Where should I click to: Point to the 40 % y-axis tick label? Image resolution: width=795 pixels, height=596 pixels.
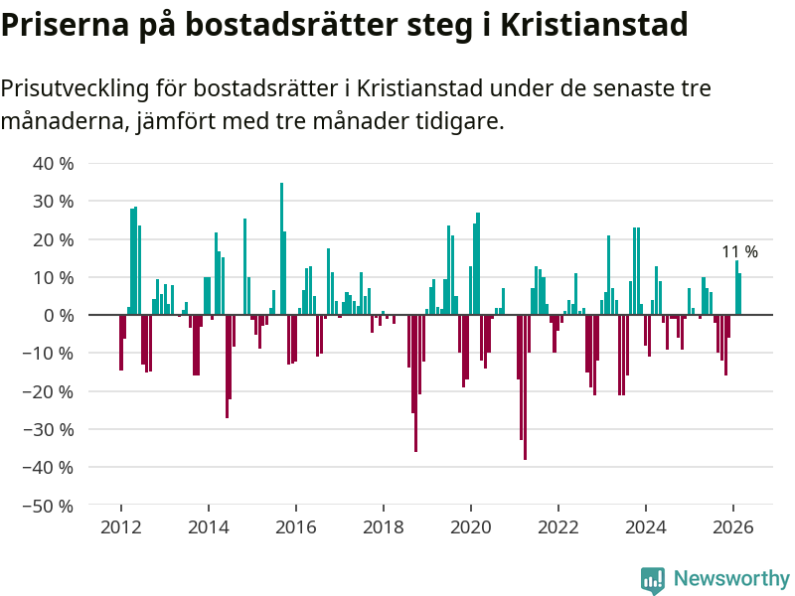click(x=54, y=163)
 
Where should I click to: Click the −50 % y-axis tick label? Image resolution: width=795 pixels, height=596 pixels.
click(x=49, y=506)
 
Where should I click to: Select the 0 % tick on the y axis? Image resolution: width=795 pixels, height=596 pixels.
click(x=59, y=315)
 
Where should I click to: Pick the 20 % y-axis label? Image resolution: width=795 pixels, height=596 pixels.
click(x=54, y=239)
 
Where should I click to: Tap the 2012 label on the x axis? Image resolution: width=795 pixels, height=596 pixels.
click(x=120, y=527)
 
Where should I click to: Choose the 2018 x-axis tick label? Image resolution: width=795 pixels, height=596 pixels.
click(x=383, y=527)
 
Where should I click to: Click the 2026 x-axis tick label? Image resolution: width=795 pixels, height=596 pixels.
click(x=732, y=527)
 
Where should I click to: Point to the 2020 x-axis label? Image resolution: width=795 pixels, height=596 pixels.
click(x=470, y=527)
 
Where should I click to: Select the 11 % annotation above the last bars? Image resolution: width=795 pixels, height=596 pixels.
click(x=739, y=252)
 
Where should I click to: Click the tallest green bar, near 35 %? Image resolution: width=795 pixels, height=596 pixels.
click(x=281, y=248)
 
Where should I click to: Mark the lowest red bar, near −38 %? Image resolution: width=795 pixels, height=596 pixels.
click(x=525, y=387)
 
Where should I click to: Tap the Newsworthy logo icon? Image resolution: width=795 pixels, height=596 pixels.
click(x=653, y=580)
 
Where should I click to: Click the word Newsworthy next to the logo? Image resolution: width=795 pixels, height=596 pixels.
click(x=731, y=579)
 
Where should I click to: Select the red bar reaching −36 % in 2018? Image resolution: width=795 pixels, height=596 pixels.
click(x=415, y=383)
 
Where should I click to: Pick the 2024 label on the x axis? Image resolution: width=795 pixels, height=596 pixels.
click(x=645, y=527)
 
